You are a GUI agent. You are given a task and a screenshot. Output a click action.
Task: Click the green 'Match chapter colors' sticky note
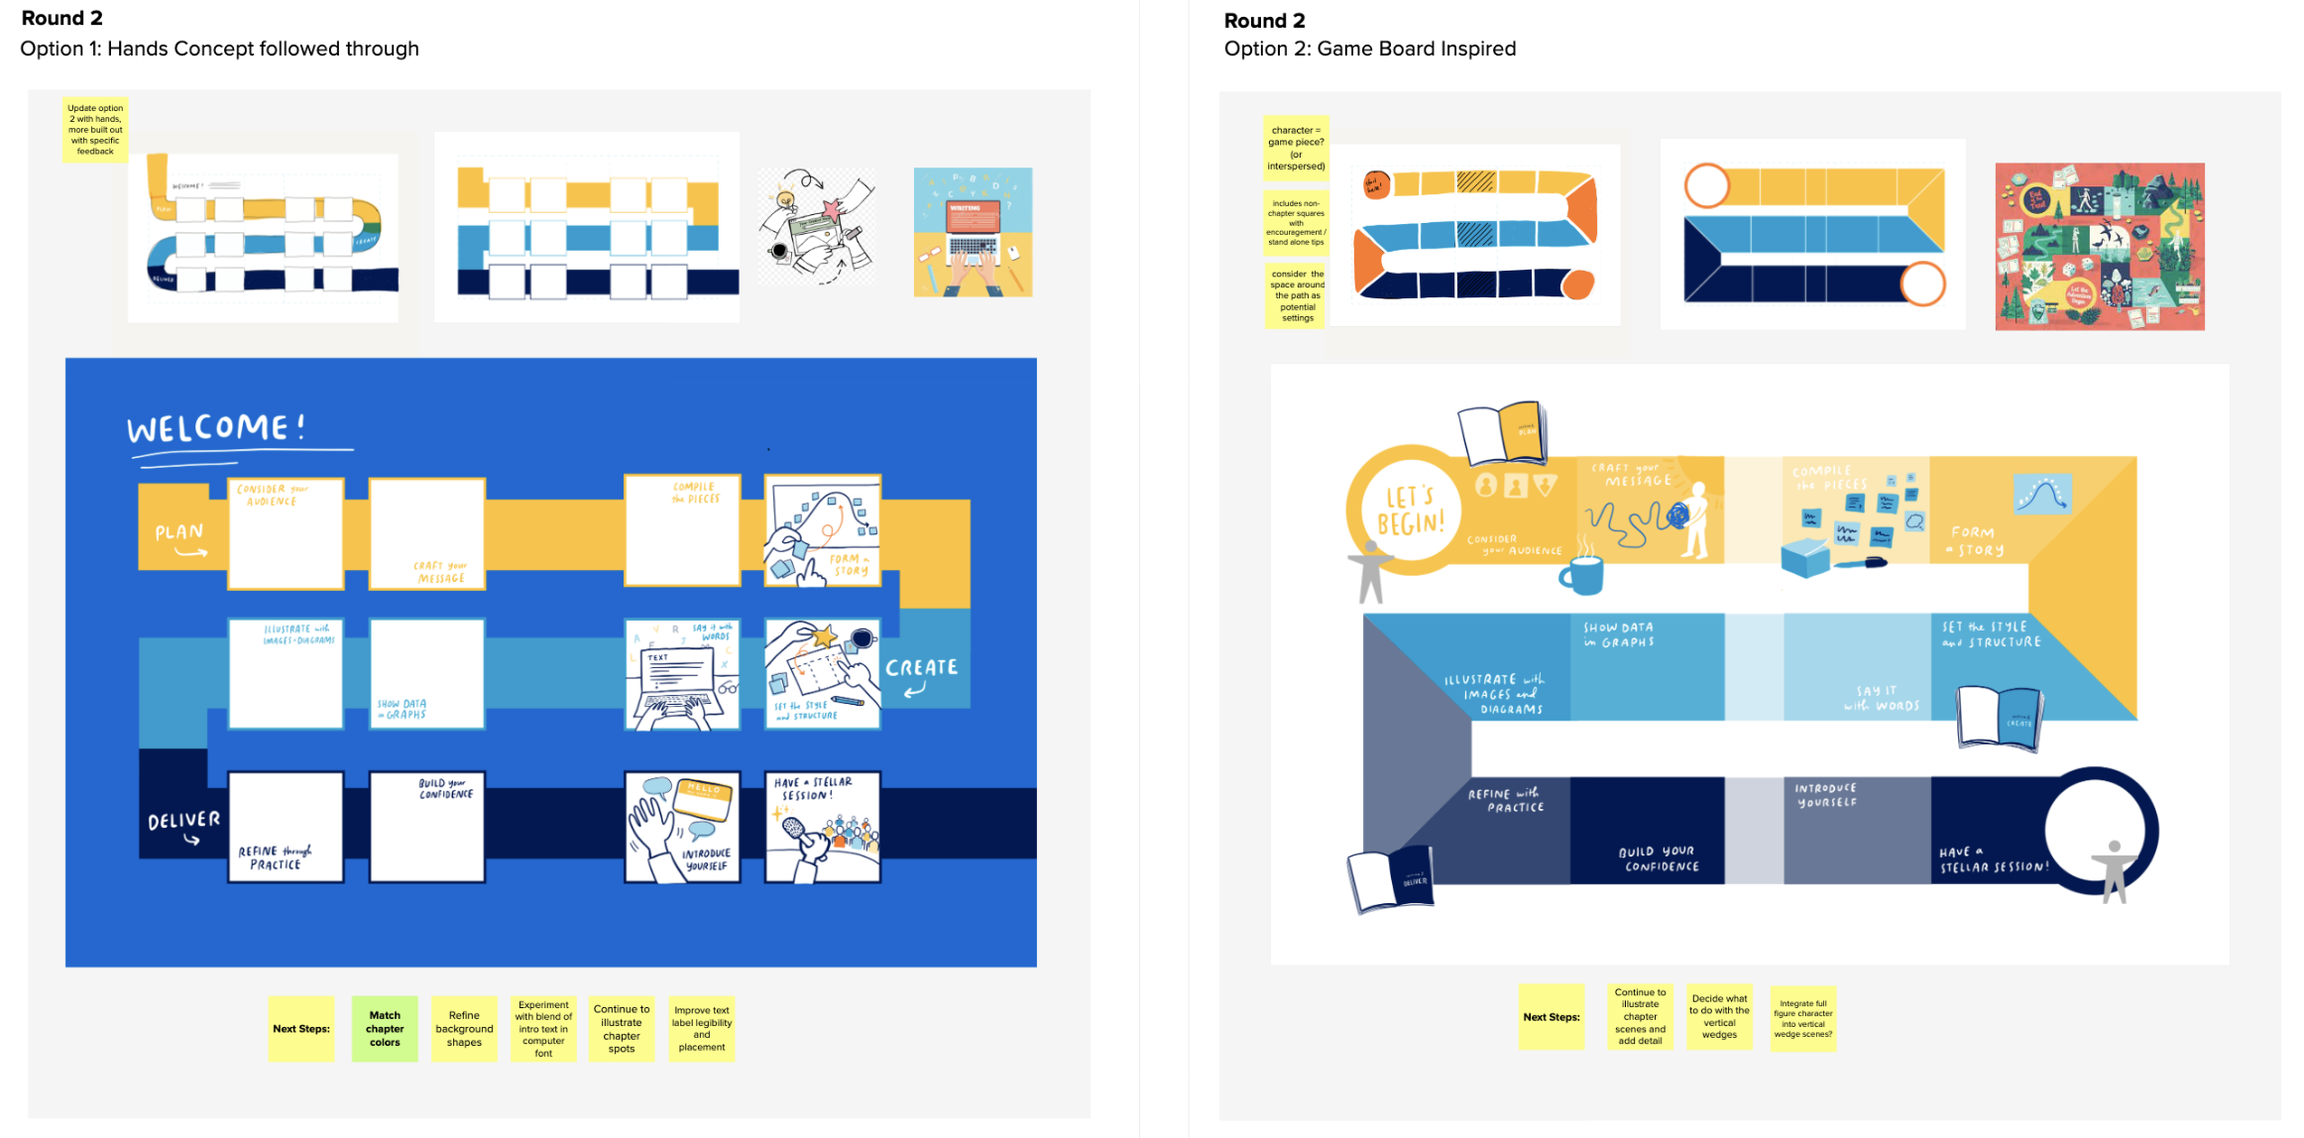tap(385, 1028)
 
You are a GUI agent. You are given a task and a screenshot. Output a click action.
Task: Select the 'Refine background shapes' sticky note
tap(464, 1028)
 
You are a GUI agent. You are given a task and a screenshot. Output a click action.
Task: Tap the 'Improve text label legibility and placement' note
tap(702, 1028)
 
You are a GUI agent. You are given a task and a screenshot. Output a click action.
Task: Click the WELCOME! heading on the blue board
tap(216, 428)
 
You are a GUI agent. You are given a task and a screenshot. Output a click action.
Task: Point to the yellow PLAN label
tap(179, 535)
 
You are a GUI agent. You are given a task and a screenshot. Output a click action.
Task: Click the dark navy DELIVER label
tap(183, 823)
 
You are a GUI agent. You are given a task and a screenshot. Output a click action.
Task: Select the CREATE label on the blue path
tap(922, 670)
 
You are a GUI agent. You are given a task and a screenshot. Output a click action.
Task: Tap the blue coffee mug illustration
tap(1582, 573)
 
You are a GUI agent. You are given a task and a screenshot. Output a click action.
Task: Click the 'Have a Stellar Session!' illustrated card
tap(823, 827)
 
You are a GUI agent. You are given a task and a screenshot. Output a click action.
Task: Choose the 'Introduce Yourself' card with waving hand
tap(682, 827)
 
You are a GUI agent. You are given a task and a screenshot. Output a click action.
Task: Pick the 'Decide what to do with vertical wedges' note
tap(1720, 1016)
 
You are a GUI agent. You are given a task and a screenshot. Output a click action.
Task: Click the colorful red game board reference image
tap(2099, 246)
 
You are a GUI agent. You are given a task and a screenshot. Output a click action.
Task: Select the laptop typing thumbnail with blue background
tap(973, 232)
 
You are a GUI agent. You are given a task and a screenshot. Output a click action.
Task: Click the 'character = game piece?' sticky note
tap(1296, 148)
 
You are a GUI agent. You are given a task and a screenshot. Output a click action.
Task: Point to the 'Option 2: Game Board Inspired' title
tap(1369, 49)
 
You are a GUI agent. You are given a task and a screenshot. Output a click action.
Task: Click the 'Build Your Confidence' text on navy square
tap(1659, 858)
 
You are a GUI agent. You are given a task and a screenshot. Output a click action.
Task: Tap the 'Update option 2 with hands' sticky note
tap(95, 130)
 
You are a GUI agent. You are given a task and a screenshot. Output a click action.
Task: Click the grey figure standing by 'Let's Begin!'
tap(1369, 572)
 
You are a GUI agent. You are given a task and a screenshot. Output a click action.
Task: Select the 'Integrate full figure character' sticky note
tap(1803, 1018)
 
